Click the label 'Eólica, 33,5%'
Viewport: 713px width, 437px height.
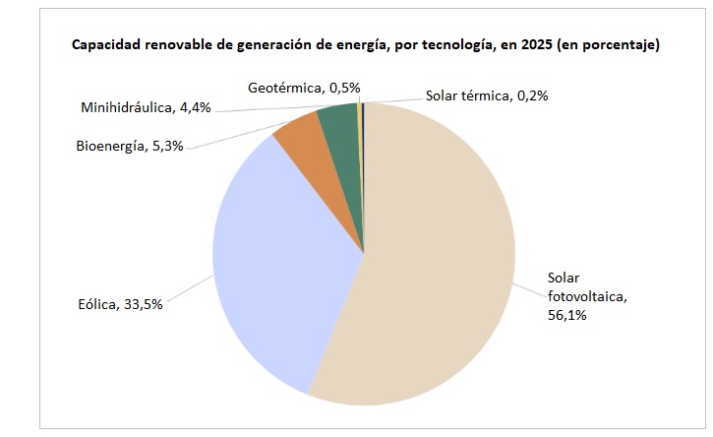click(x=119, y=304)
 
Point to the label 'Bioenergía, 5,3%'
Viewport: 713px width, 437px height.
click(x=130, y=147)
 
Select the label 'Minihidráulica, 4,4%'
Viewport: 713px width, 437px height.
click(x=146, y=106)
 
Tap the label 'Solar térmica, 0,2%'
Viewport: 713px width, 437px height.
click(x=487, y=95)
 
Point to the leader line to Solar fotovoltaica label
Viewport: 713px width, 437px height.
click(x=529, y=286)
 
